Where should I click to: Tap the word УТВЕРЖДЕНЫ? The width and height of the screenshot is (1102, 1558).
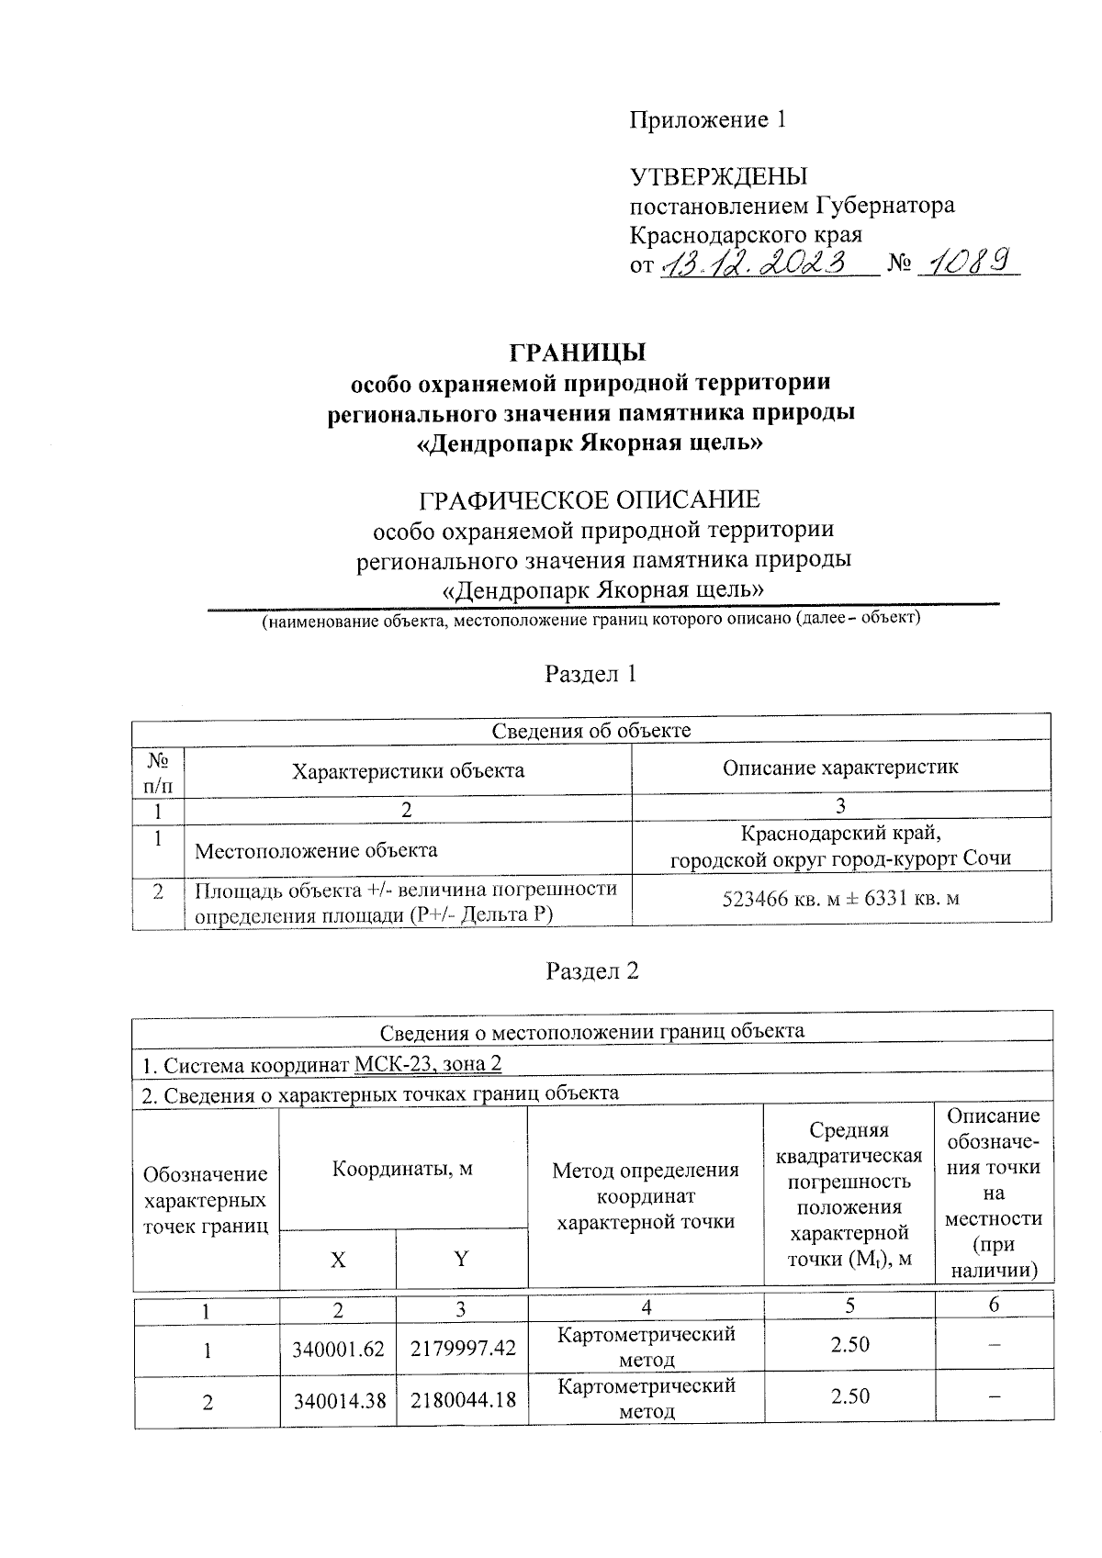[x=718, y=176]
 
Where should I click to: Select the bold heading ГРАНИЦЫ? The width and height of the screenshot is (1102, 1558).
[x=578, y=353]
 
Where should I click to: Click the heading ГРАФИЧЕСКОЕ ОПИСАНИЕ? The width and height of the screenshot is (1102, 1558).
[x=590, y=500]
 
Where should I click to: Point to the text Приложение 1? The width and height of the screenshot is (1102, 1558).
[x=707, y=120]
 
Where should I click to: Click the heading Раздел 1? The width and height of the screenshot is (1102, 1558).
[x=590, y=675]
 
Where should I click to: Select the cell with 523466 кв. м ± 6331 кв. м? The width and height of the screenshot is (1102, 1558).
[x=840, y=899]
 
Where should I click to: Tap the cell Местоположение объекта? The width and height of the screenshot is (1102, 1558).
[x=316, y=850]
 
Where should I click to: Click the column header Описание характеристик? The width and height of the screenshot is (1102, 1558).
[x=840, y=768]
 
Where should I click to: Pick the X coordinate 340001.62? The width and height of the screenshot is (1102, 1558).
[x=338, y=1350]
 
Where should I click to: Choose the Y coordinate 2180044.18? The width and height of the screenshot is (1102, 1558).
[x=463, y=1401]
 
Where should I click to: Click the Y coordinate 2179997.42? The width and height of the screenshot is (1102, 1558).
[x=463, y=1350]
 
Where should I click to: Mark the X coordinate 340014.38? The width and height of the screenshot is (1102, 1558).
[x=338, y=1401]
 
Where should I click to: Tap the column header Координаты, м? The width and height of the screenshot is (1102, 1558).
[x=402, y=1170]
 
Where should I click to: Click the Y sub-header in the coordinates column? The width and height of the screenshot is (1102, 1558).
[x=462, y=1259]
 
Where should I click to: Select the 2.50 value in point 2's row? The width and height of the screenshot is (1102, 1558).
[x=849, y=1396]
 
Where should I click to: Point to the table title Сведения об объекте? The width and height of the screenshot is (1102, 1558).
[x=590, y=731]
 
